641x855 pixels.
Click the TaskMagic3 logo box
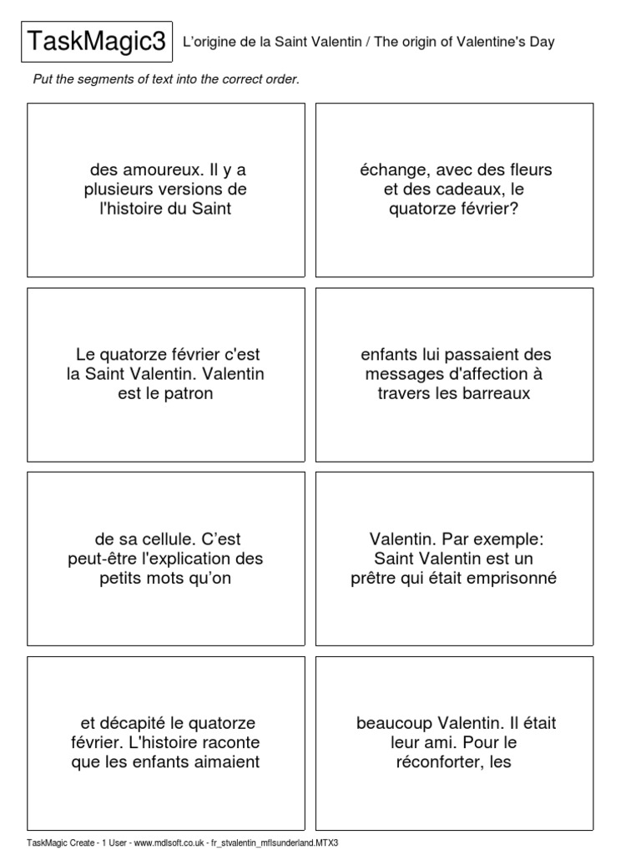[97, 42]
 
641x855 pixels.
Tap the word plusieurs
[118, 190]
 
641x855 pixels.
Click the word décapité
[135, 723]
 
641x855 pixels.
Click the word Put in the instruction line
[43, 79]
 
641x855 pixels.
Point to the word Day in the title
[541, 42]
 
